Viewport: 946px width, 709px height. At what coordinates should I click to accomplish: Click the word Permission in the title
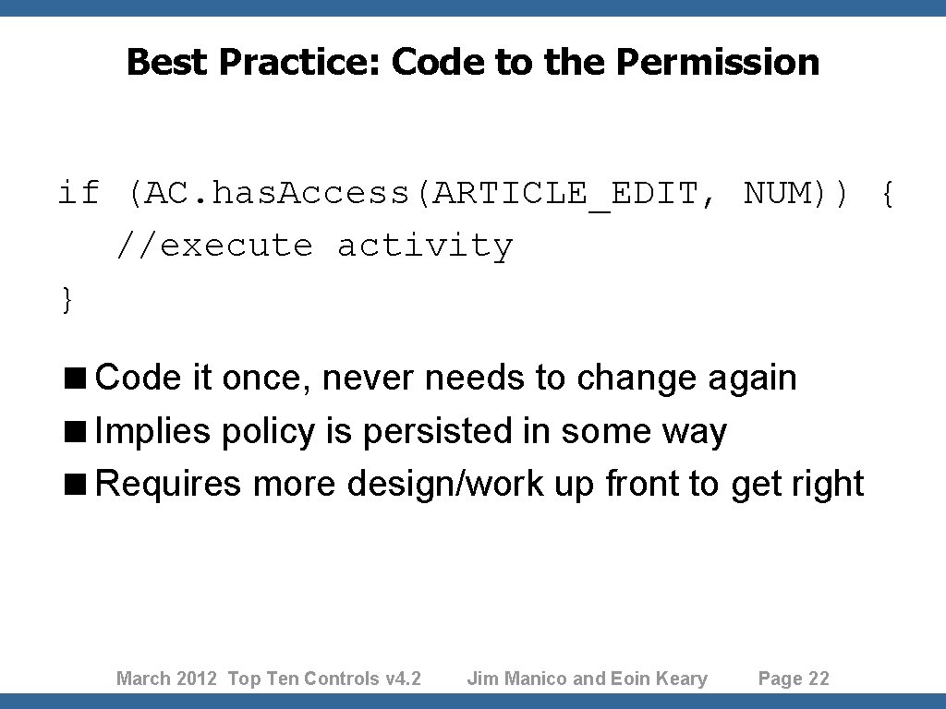pos(717,63)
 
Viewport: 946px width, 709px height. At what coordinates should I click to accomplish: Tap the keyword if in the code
pos(79,193)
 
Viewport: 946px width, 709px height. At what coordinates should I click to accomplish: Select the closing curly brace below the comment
pos(67,299)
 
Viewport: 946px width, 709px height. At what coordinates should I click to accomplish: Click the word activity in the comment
pos(424,246)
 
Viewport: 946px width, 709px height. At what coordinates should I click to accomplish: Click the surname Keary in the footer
pos(681,679)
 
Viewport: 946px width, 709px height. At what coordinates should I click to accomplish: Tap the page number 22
pos(819,679)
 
